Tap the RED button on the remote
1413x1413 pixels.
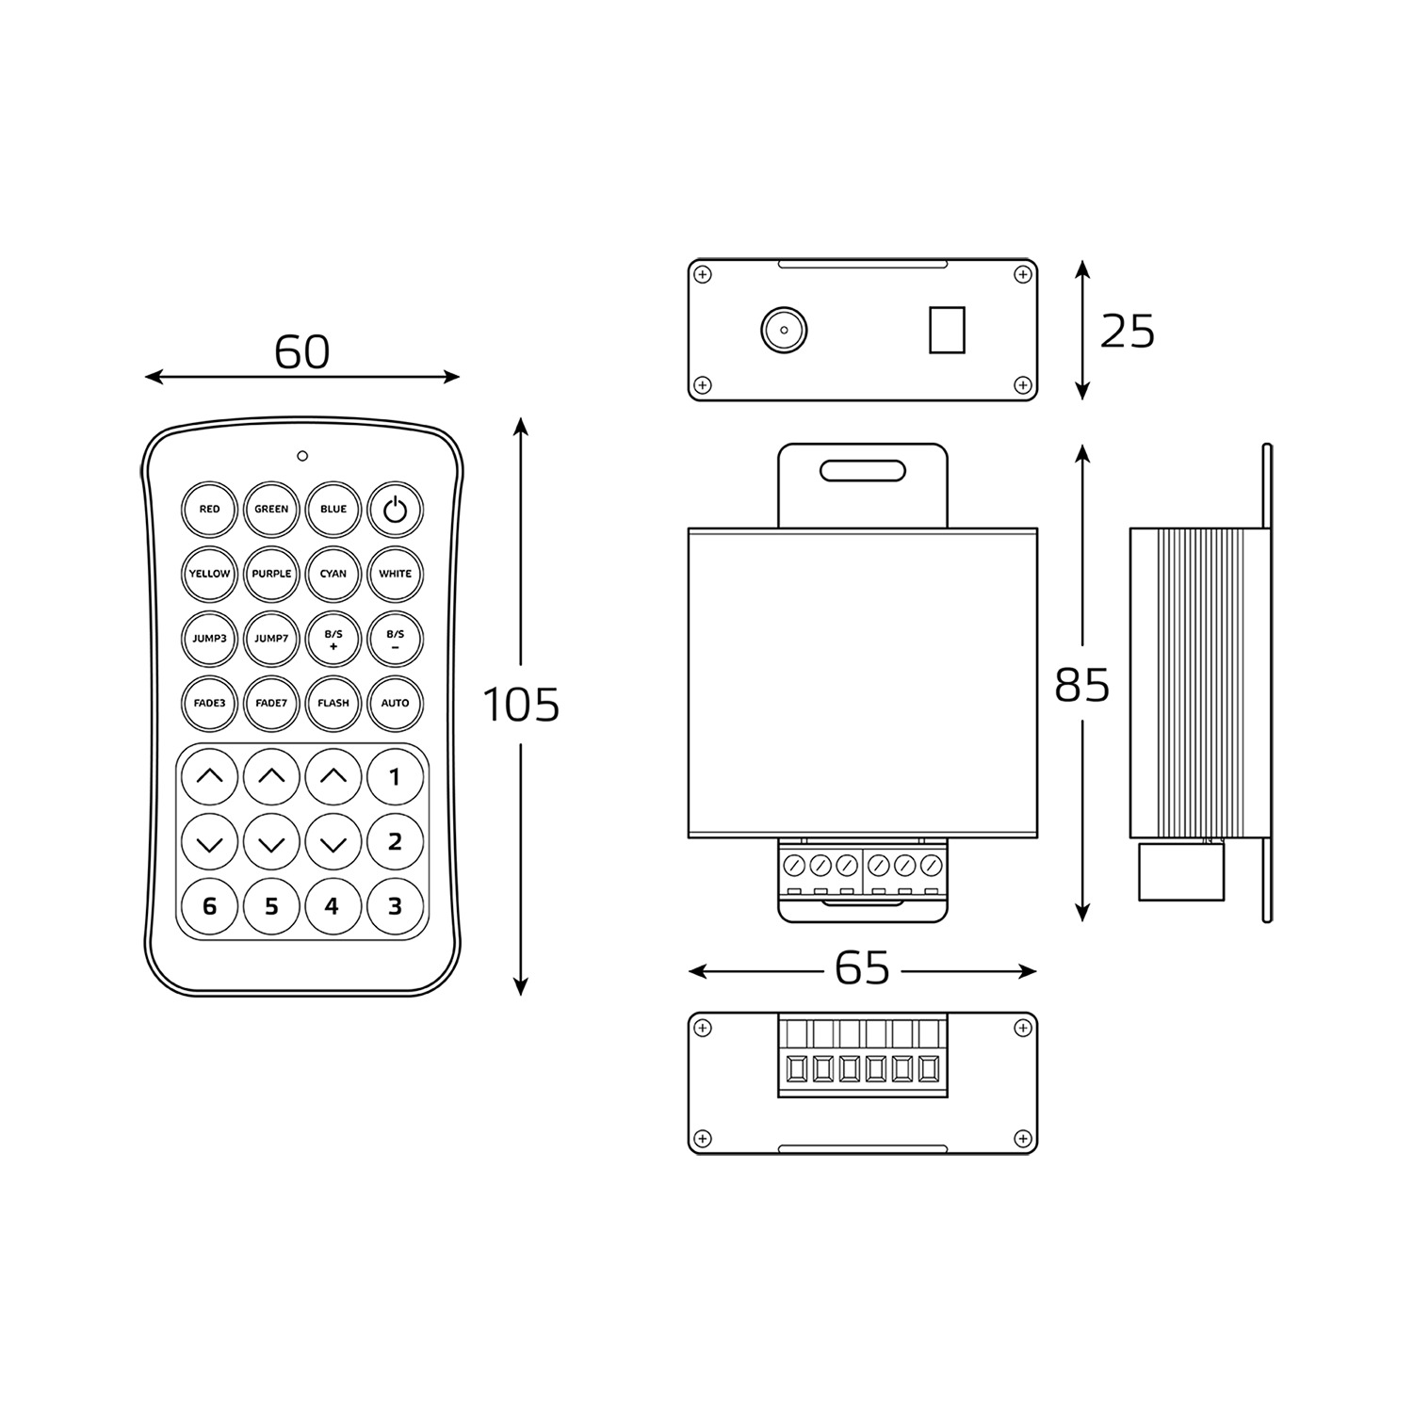tap(209, 509)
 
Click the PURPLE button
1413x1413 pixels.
tap(271, 574)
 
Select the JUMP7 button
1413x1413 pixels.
tap(271, 639)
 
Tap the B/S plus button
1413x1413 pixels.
tap(333, 639)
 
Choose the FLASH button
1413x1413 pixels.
tap(333, 703)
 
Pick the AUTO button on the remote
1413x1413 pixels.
tap(396, 703)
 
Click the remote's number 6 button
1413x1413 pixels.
tap(209, 906)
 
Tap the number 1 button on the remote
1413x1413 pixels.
tap(396, 777)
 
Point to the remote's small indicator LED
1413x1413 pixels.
tap(302, 456)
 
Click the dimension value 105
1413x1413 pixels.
tap(521, 705)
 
